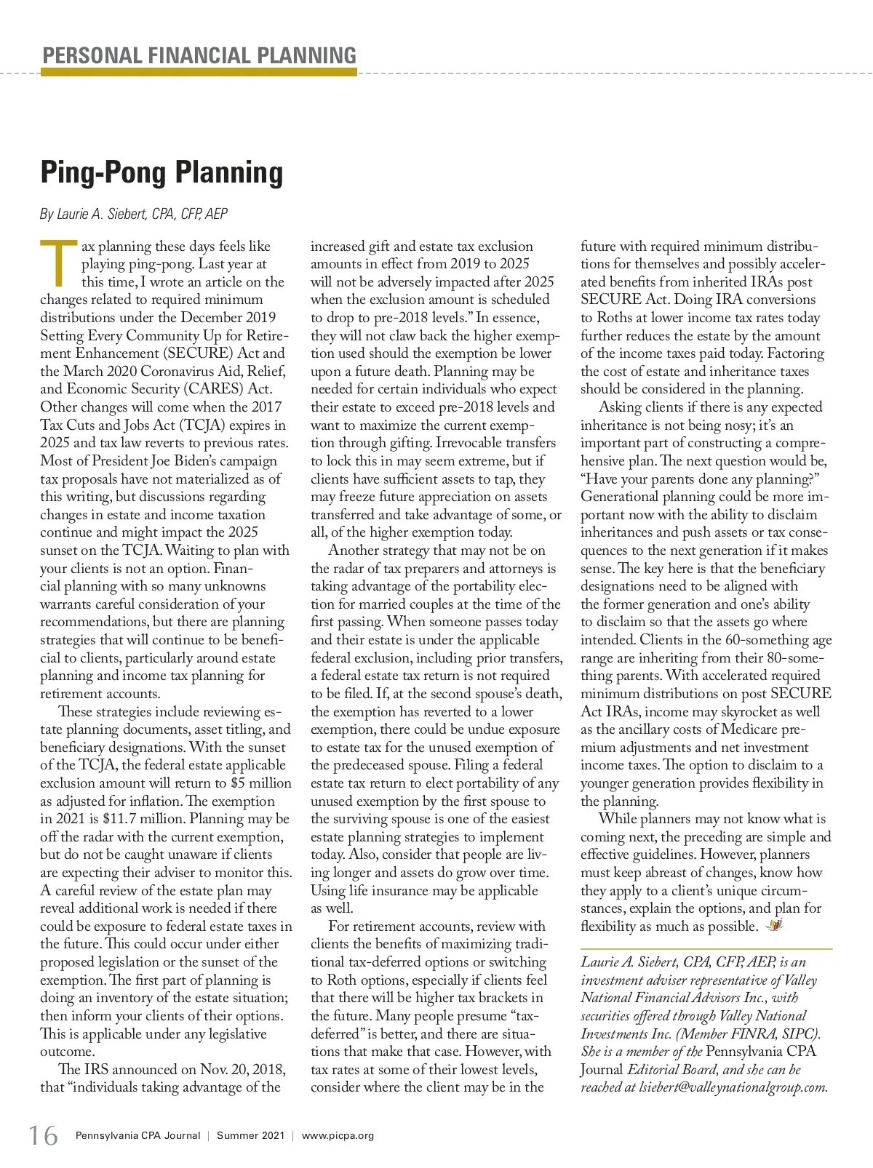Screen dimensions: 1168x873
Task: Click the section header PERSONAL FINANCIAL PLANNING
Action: tap(199, 55)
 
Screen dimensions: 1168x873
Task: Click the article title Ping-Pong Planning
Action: tap(162, 172)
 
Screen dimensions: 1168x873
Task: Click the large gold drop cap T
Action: tap(57, 263)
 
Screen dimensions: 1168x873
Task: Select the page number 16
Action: tap(43, 1135)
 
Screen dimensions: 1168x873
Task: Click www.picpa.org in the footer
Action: tap(338, 1135)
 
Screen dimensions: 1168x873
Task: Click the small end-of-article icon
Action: tap(775, 926)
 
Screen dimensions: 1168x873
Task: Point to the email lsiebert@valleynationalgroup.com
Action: tap(733, 1087)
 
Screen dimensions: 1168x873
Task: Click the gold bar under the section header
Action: tap(199, 72)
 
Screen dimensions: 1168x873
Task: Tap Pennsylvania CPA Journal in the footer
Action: tap(137, 1135)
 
